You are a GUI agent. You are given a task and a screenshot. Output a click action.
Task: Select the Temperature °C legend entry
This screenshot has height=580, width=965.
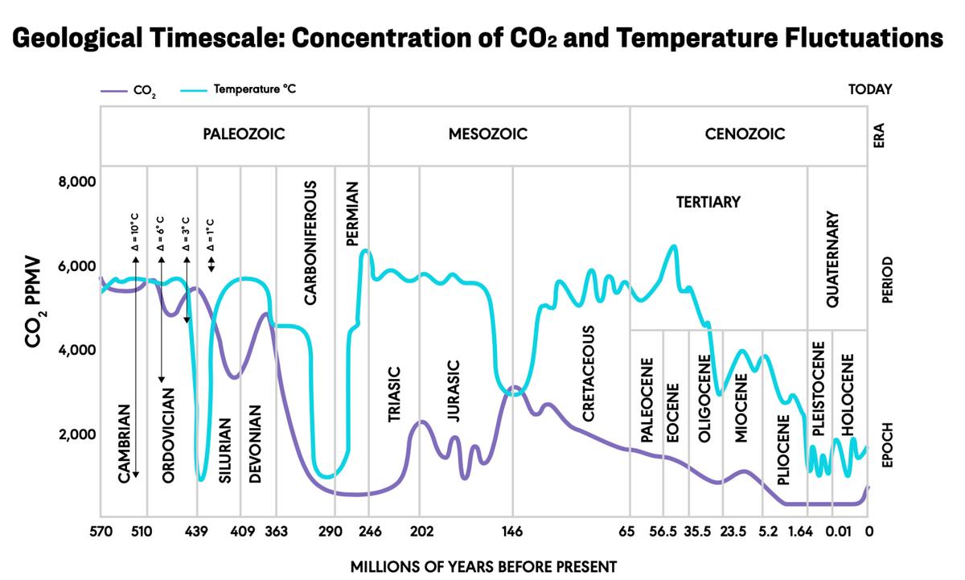point(255,89)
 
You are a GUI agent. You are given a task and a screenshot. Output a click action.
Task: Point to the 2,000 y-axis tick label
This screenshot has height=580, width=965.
point(77,434)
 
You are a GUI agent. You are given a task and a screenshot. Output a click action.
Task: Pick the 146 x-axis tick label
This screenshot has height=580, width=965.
point(512,531)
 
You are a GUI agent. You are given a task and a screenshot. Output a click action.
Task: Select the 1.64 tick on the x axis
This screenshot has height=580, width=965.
point(808,531)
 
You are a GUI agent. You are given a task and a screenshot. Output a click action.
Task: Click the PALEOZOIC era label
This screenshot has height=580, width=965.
point(244,134)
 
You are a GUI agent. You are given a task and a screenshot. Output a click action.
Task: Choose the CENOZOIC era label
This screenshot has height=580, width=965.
point(745,134)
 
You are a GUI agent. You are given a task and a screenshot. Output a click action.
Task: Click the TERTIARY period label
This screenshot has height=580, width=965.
point(708,202)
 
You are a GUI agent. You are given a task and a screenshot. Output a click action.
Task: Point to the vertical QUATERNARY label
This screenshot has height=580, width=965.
point(833,259)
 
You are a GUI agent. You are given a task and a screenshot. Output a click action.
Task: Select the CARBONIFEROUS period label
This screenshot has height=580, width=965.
point(310,242)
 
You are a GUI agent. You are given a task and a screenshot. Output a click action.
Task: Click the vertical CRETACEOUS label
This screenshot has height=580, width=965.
point(588,373)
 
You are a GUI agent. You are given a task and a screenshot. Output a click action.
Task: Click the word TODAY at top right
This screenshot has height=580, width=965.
point(870,90)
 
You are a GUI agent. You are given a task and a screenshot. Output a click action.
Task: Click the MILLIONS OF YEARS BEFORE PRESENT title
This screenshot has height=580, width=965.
point(483,566)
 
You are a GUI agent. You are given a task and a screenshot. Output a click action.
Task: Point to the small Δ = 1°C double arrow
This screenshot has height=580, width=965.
point(211,264)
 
